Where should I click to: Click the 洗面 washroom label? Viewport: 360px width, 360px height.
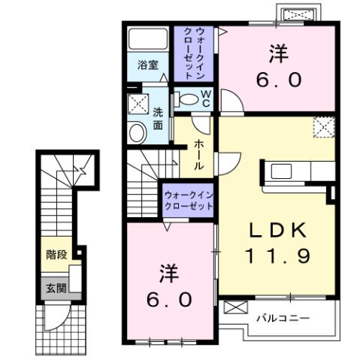click(x=158, y=119)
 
